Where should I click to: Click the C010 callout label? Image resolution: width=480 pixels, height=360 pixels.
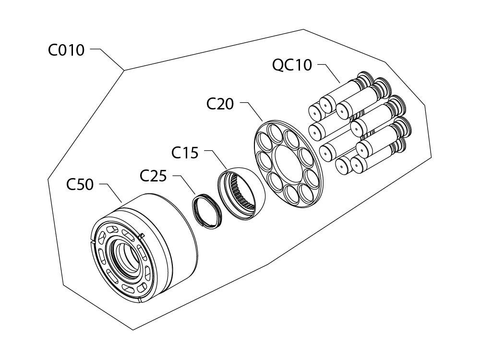(66, 50)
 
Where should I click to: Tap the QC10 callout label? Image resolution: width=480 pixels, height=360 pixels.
(292, 65)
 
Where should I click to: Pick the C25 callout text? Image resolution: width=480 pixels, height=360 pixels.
(153, 176)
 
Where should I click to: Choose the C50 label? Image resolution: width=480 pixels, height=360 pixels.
(80, 184)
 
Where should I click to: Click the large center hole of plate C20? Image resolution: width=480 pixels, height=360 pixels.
(288, 163)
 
